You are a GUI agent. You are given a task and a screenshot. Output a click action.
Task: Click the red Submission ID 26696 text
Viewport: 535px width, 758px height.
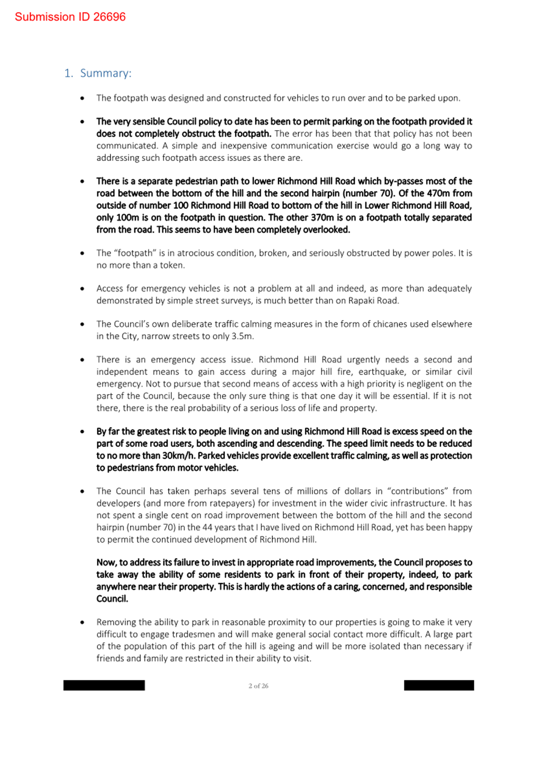70,17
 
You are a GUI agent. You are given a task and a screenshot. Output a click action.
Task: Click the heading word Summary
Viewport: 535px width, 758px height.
105,73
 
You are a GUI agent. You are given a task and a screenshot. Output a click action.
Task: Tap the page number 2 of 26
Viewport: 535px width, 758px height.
259,686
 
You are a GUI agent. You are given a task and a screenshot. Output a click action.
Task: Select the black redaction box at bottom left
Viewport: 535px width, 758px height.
104,686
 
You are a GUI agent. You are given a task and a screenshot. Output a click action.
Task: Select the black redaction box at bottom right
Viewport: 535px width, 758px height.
439,686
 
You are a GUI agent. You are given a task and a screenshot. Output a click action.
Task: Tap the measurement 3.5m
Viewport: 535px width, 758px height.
242,336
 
